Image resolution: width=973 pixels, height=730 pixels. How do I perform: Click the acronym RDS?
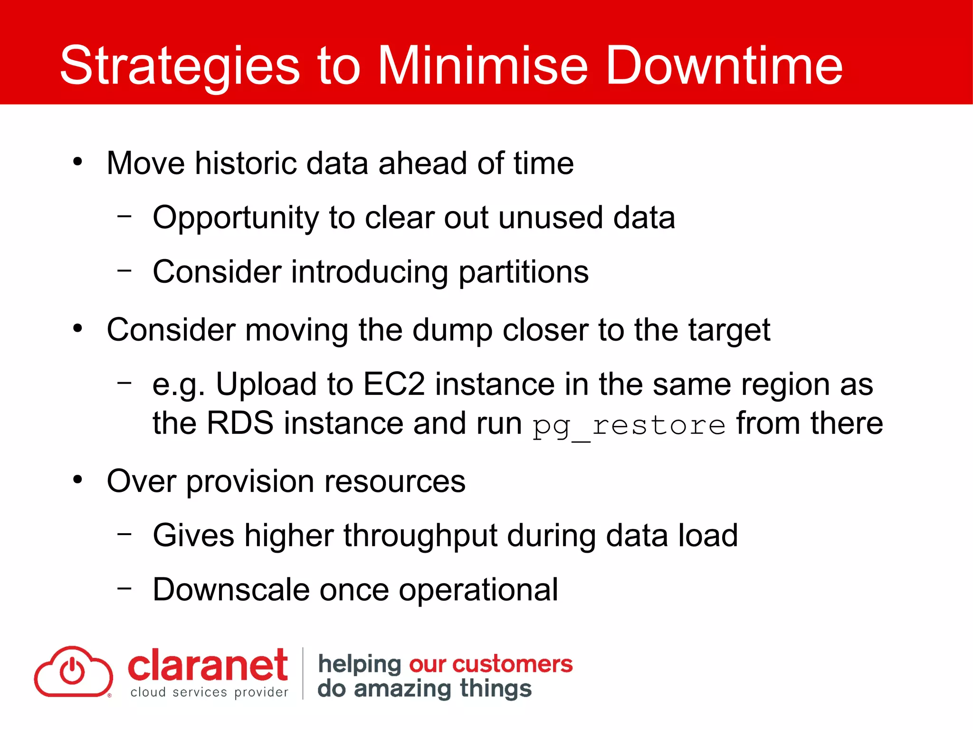[x=240, y=423]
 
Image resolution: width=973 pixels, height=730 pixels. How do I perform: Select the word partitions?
[x=524, y=272]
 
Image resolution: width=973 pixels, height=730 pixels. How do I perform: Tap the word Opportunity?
[x=236, y=218]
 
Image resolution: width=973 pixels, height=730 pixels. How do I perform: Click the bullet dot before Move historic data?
[x=78, y=162]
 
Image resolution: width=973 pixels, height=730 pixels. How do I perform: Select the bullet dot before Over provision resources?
[x=78, y=480]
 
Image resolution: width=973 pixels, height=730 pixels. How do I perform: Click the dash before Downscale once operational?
[x=124, y=588]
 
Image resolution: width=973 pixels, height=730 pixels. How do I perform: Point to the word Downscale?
[x=231, y=590]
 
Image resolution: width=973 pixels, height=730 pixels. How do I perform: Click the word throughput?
[x=420, y=536]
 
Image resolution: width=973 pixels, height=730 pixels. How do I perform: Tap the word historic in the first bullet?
[x=246, y=163]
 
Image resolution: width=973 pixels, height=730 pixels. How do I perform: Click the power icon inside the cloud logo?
[x=72, y=671]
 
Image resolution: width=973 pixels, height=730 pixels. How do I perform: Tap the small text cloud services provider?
[x=209, y=692]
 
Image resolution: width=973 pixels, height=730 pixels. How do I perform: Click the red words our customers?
[x=490, y=664]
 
